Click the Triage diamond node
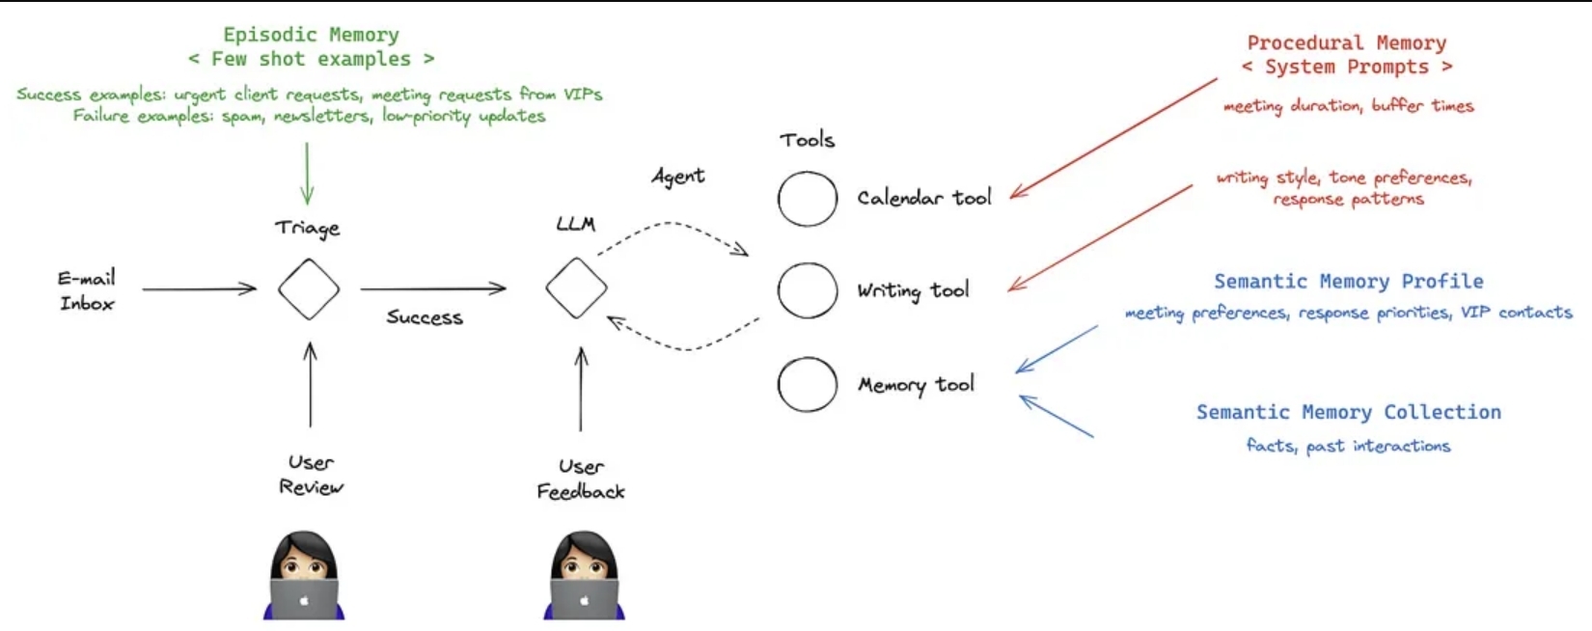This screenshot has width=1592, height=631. tap(279, 289)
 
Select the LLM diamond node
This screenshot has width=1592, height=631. tap(546, 288)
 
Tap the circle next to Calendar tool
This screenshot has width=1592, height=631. tap(779, 199)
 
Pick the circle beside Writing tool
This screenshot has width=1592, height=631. tap(779, 290)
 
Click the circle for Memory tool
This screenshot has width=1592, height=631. tap(779, 384)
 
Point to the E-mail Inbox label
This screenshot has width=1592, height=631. tap(87, 290)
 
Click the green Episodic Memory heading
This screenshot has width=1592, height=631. tap(312, 35)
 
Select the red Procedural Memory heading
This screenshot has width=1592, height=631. tap(1347, 42)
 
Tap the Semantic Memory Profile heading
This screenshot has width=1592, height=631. tap(1348, 282)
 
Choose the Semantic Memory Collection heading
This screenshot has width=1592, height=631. tap(1348, 412)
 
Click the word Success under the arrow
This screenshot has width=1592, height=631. tap(425, 316)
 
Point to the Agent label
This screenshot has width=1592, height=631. tap(678, 177)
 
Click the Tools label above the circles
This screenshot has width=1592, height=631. tap(807, 140)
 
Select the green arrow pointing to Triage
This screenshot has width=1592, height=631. tap(307, 174)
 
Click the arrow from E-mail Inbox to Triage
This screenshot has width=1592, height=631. tap(199, 288)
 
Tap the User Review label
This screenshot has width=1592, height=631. tap(311, 476)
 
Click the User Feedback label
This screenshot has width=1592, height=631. tap(581, 479)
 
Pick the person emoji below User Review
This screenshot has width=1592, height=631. tap(304, 576)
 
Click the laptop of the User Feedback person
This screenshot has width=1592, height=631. tap(584, 600)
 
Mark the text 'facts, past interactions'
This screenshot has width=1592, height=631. tap(1348, 446)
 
